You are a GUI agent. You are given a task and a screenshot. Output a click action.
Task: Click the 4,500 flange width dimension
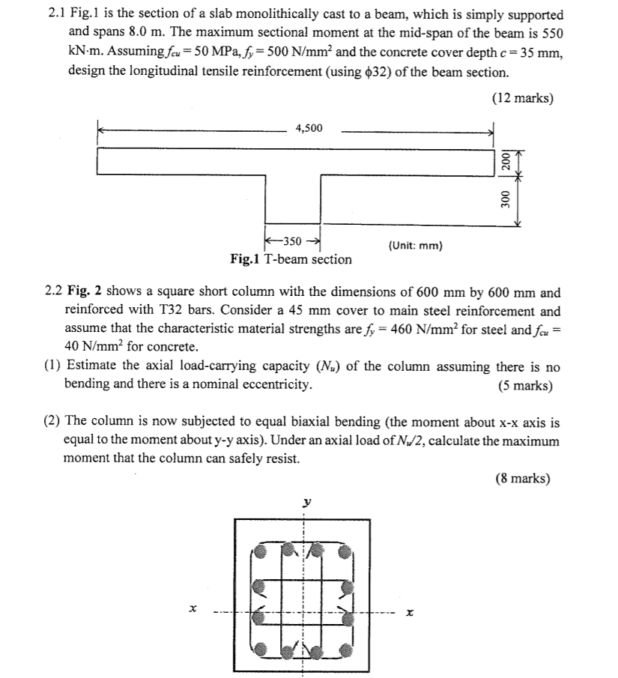click(309, 128)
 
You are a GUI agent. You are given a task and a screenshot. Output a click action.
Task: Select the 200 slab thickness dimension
click(506, 160)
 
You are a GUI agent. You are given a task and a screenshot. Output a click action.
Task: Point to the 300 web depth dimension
click(506, 199)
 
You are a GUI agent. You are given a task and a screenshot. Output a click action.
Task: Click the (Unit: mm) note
click(416, 245)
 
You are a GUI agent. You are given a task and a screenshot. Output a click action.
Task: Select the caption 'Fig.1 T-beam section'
click(291, 259)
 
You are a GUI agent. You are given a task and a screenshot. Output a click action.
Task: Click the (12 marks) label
click(522, 98)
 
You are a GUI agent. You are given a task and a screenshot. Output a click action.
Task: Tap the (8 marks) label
click(522, 479)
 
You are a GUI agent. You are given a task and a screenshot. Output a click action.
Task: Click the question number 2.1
click(55, 15)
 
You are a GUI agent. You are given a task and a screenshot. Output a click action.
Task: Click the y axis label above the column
click(305, 504)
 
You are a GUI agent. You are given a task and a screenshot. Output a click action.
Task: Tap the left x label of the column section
click(193, 613)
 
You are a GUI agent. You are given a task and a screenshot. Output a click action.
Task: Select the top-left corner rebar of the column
click(259, 553)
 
